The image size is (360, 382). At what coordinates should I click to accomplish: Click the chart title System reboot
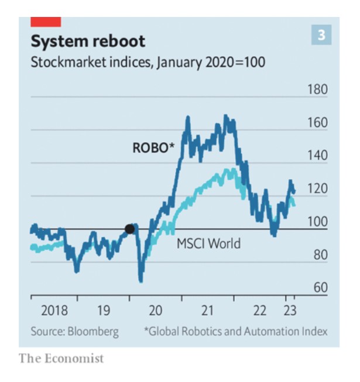(88, 42)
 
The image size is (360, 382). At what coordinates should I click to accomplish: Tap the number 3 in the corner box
(321, 35)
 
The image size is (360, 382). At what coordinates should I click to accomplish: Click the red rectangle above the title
(46, 22)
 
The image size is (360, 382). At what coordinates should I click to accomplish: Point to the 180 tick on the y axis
(317, 90)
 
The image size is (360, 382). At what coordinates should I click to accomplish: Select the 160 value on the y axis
(317, 123)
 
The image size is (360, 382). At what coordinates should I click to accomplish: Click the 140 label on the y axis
(317, 156)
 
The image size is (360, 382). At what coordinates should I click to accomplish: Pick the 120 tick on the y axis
(317, 189)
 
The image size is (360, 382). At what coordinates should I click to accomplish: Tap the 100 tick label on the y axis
(317, 222)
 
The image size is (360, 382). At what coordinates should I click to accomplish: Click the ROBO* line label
(154, 149)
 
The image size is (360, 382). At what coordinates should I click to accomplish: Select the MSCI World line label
(208, 243)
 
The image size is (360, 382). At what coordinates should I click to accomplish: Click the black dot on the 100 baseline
(130, 229)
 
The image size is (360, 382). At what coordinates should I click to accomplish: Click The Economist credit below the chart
(61, 358)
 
